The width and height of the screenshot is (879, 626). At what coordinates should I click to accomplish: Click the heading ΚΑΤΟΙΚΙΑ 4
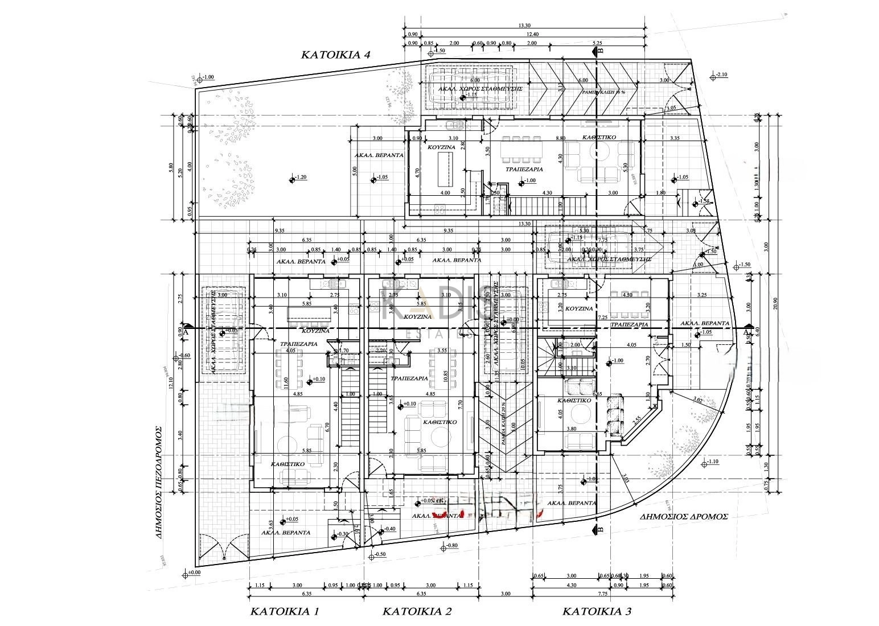(336, 55)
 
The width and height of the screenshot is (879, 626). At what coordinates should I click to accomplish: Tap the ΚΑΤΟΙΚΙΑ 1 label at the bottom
(285, 612)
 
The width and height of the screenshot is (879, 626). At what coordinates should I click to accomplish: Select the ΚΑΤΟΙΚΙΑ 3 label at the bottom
(597, 612)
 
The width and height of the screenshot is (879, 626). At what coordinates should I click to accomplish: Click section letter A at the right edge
(746, 332)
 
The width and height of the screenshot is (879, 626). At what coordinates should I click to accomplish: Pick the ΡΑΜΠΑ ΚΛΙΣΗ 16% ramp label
(602, 92)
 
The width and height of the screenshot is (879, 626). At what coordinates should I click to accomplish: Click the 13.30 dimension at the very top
(525, 26)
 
